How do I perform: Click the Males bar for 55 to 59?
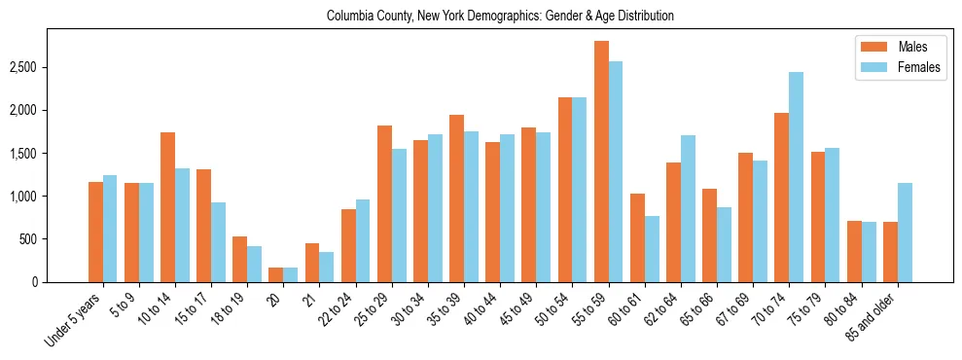coord(601,162)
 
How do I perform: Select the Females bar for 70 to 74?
coord(796,177)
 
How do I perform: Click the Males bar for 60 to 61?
coord(637,237)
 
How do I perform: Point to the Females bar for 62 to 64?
coord(688,208)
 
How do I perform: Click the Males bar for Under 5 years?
coord(95,232)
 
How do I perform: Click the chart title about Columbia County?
coord(500,17)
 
